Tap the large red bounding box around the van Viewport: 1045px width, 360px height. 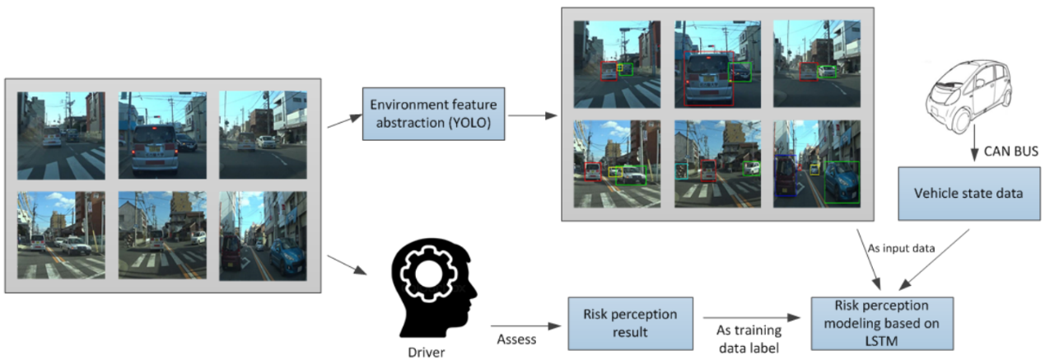tap(709, 79)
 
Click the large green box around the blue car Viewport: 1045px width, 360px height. tap(842, 182)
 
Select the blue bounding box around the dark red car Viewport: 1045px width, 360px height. tap(785, 175)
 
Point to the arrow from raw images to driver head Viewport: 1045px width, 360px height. tap(346, 264)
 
